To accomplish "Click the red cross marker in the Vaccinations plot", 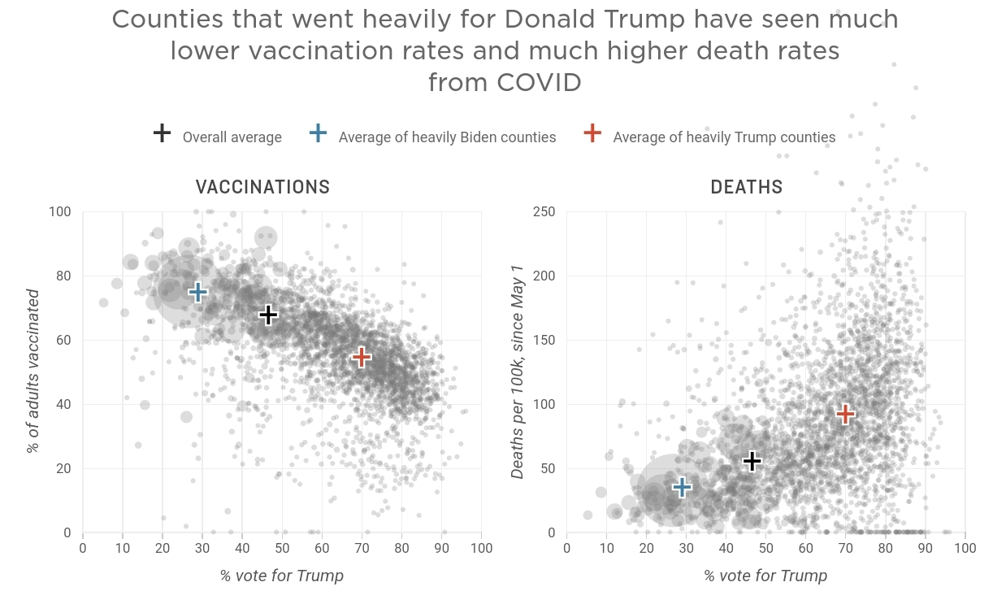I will tap(362, 357).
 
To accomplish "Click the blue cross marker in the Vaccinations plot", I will tap(197, 293).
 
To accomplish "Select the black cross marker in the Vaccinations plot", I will tap(268, 315).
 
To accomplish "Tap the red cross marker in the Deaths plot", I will tap(845, 414).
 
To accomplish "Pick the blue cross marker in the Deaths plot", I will tap(682, 487).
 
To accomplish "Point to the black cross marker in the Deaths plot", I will tap(752, 462).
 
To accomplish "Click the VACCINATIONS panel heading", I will tap(262, 188).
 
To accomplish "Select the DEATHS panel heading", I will tap(747, 188).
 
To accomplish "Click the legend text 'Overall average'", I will tap(232, 137).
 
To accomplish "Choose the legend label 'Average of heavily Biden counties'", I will tap(447, 137).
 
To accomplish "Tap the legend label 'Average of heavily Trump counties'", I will tap(724, 137).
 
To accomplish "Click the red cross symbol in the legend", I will tap(593, 134).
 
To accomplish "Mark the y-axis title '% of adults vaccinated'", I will tap(33, 370).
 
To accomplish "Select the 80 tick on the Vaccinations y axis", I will tap(63, 276).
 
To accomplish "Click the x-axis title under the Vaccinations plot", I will tap(281, 576).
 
